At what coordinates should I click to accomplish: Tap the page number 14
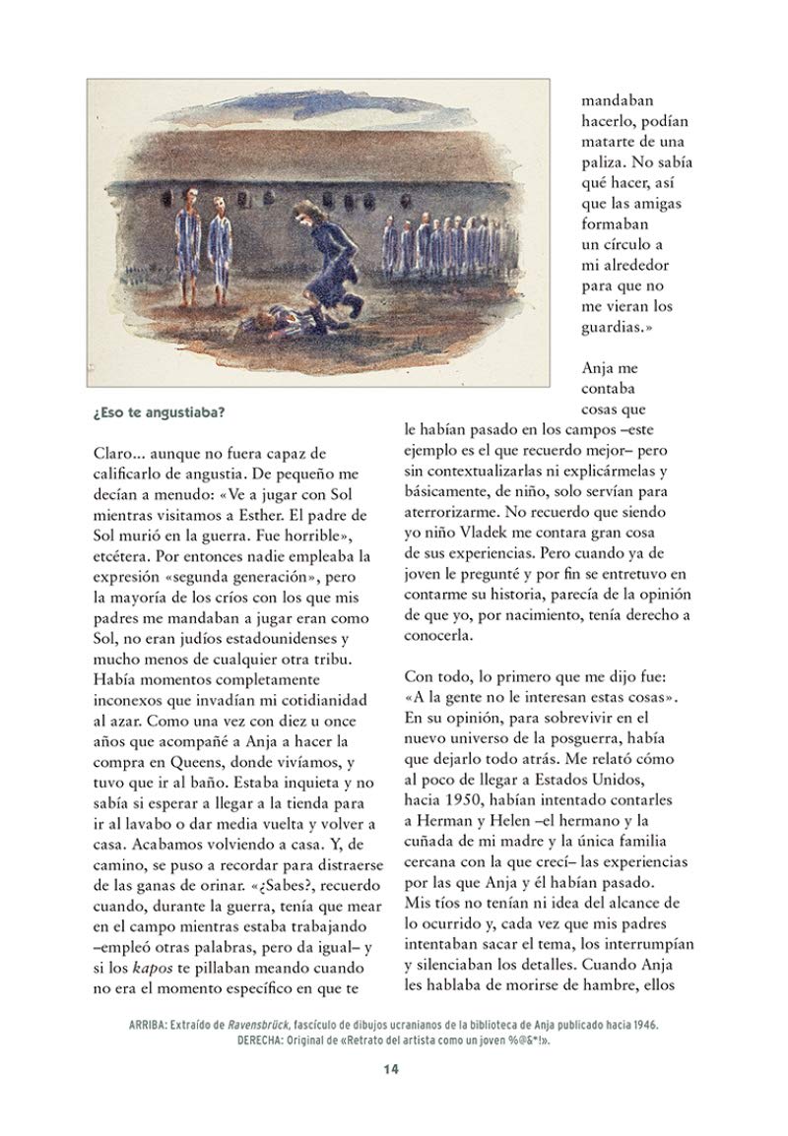point(393,1096)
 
